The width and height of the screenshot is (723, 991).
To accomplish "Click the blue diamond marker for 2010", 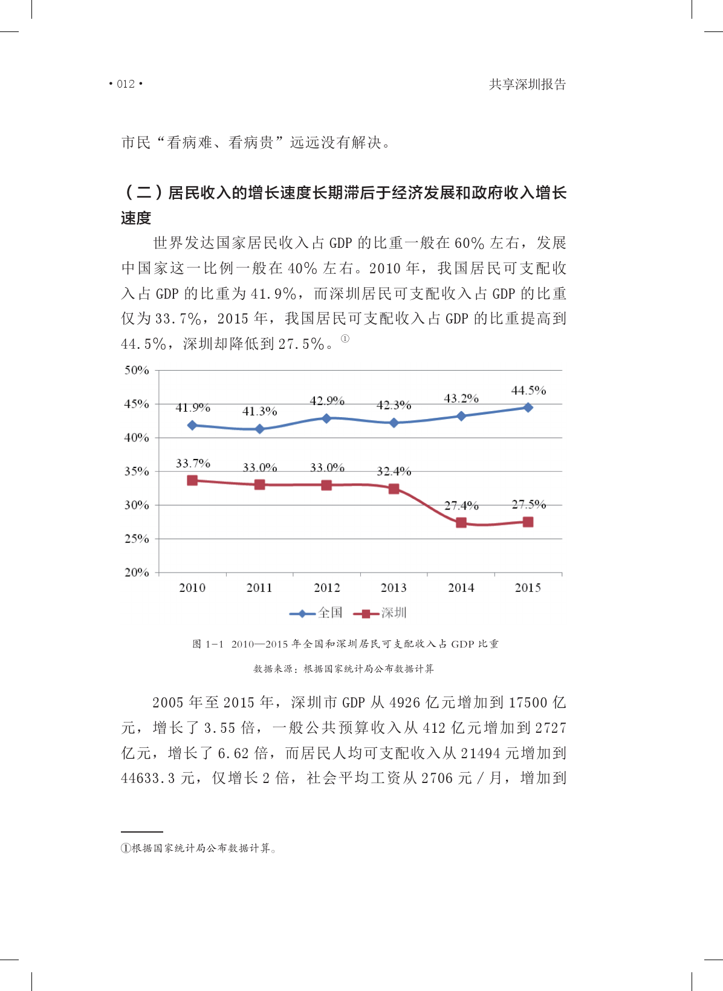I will pyautogui.click(x=192, y=425).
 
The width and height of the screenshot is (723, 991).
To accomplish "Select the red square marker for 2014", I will pyautogui.click(x=461, y=522).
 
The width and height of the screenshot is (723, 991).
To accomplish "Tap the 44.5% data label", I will pyautogui.click(x=528, y=391).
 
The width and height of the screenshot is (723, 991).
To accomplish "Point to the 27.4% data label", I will pyautogui.click(x=461, y=505).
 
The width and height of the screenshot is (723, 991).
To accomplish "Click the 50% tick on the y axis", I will pyautogui.click(x=137, y=370).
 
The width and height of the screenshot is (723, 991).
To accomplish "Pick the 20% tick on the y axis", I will pyautogui.click(x=137, y=572).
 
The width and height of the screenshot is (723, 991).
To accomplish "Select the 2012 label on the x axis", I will pyautogui.click(x=326, y=588).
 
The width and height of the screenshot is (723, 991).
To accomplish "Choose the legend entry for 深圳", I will pyautogui.click(x=380, y=613).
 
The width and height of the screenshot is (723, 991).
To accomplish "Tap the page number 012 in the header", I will pyautogui.click(x=126, y=84).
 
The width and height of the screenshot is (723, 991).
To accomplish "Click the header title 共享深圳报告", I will pyautogui.click(x=527, y=85).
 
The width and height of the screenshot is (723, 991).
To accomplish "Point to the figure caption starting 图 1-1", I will pyautogui.click(x=345, y=644).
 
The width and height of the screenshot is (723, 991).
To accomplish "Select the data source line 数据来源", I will pyautogui.click(x=343, y=669).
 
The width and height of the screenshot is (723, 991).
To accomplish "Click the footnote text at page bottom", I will pyautogui.click(x=199, y=848).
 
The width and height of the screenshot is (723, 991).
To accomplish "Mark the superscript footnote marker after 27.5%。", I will pyautogui.click(x=345, y=339).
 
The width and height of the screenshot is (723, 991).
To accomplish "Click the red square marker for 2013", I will pyautogui.click(x=394, y=489).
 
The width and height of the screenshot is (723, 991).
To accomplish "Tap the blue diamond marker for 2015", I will pyautogui.click(x=528, y=408).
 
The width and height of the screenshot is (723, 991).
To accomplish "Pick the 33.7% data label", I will pyautogui.click(x=193, y=464).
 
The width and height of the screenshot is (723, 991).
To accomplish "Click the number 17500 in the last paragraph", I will pyautogui.click(x=529, y=703).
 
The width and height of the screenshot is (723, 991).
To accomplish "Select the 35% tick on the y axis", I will pyautogui.click(x=137, y=471).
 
